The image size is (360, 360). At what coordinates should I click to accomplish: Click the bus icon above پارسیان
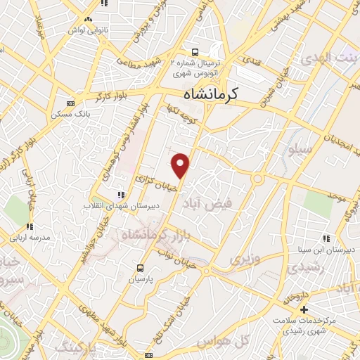tap(140, 268)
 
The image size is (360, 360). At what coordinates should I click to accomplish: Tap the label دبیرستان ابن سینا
tap(334, 250)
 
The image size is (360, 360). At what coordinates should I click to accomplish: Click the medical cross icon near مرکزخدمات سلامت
tap(304, 310)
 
